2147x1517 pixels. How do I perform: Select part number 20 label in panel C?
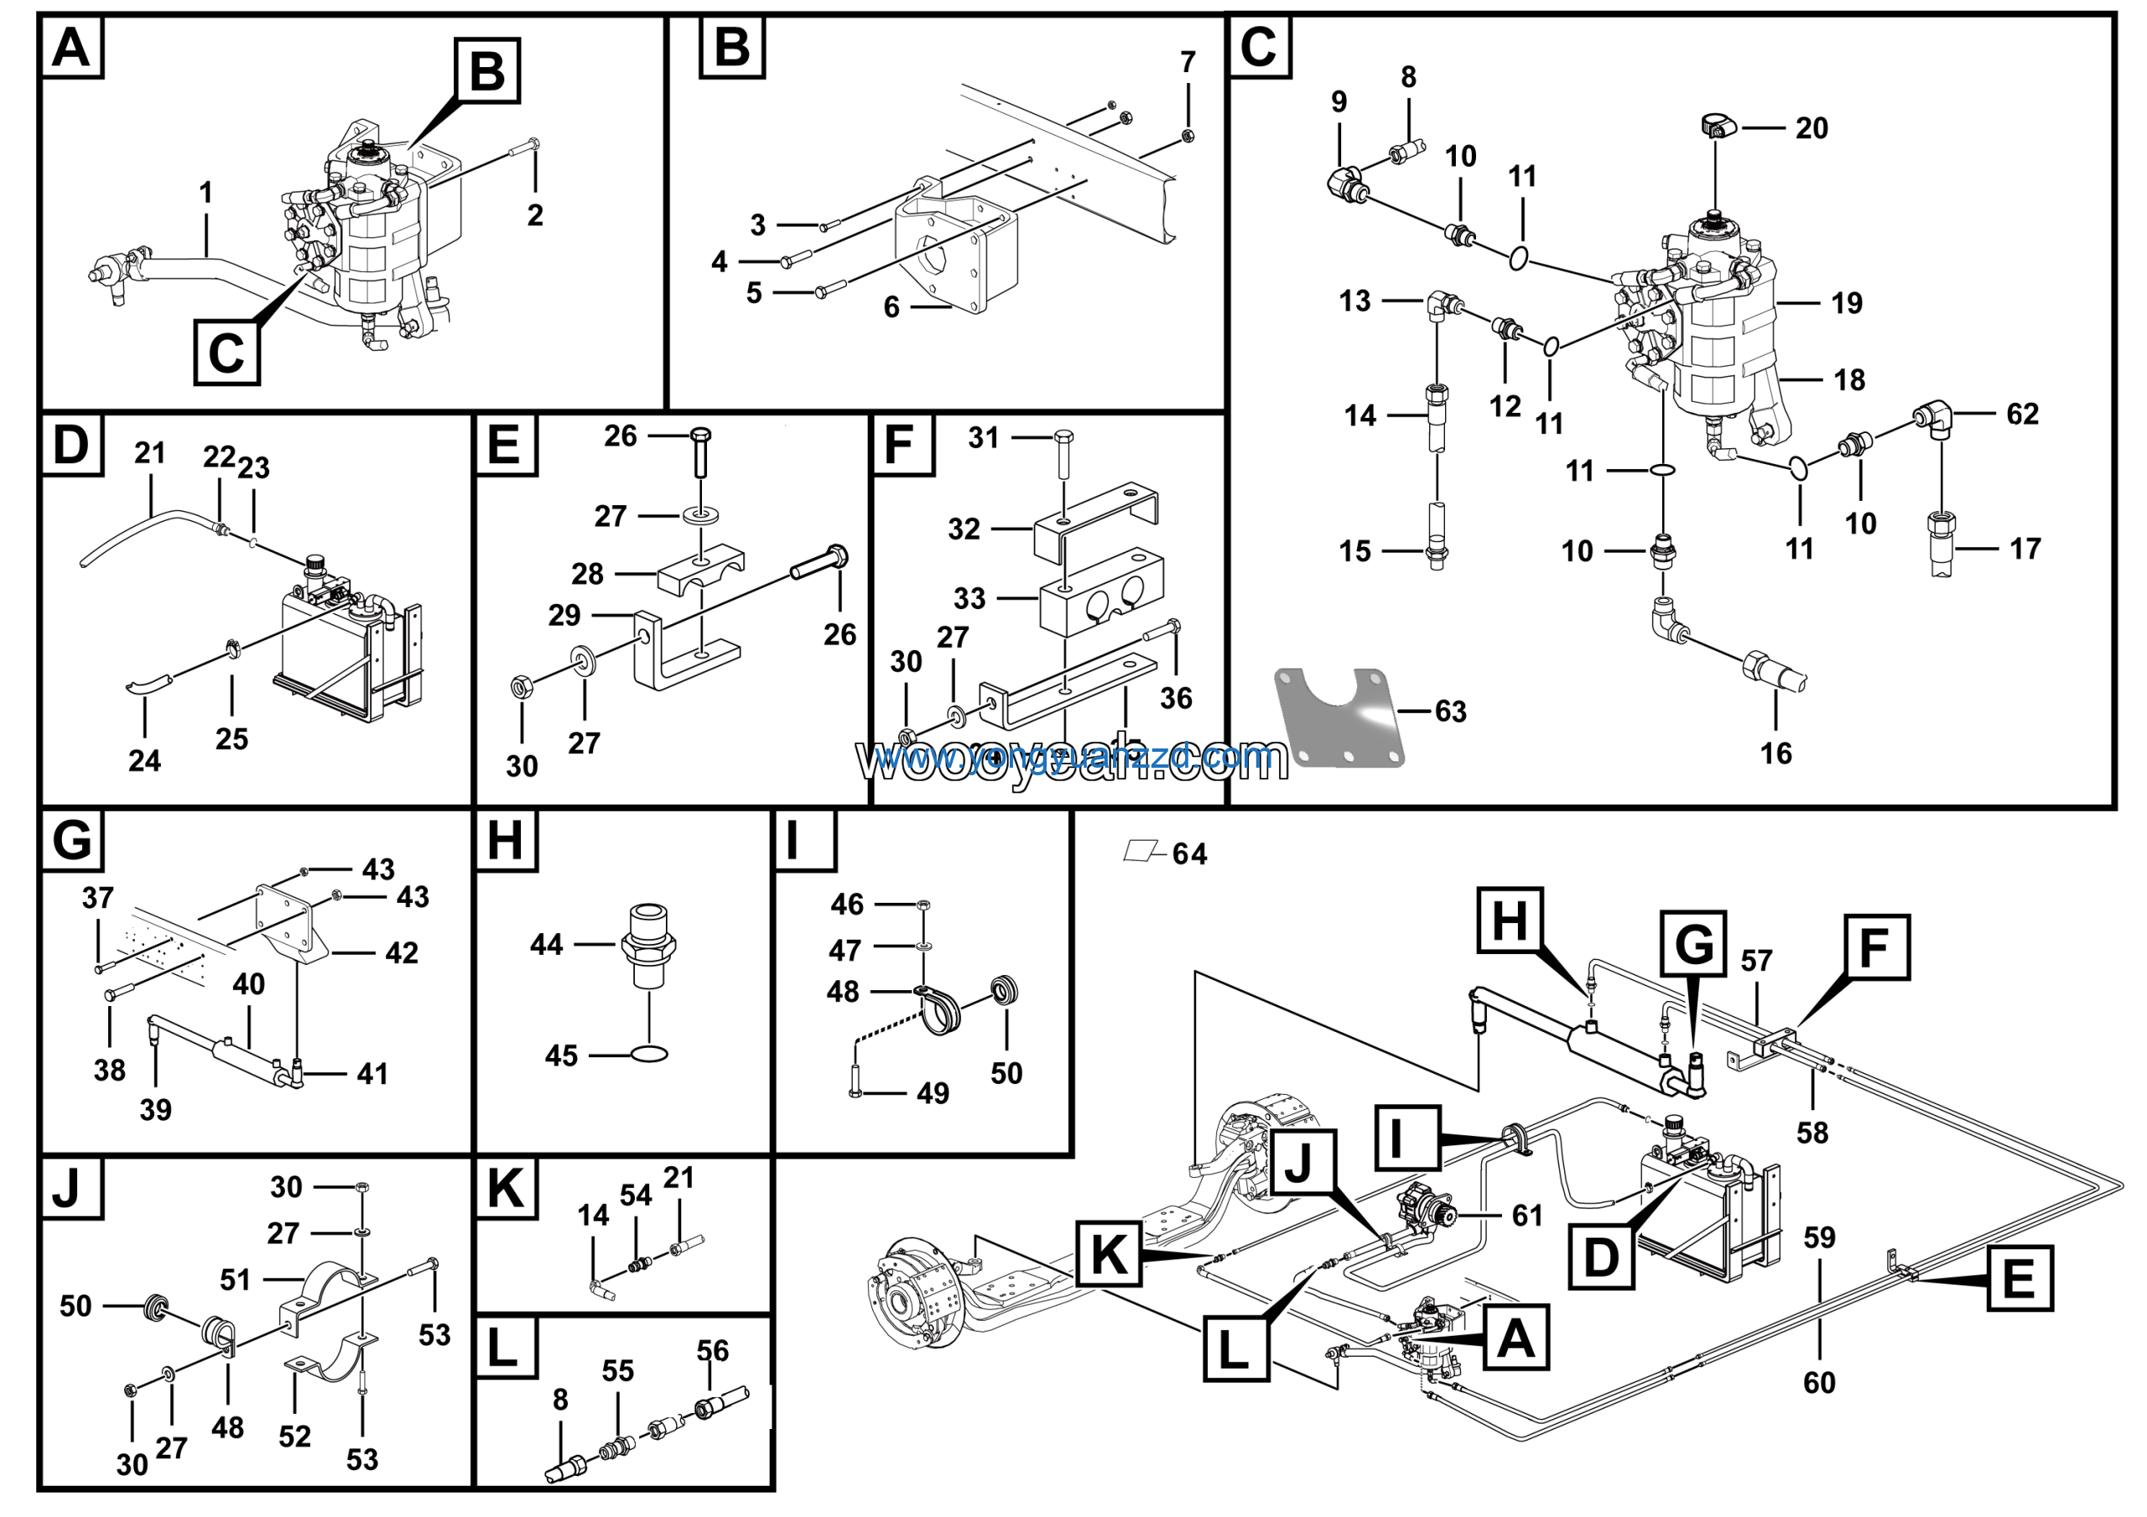pos(1811,128)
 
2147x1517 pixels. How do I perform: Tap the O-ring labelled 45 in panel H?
pos(649,1055)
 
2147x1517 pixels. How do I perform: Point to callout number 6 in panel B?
pos(892,307)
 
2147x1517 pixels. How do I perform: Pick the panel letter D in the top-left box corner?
pos(72,446)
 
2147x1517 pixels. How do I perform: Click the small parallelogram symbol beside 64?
pos(1140,851)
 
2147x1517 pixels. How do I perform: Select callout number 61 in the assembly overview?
pos(1527,1215)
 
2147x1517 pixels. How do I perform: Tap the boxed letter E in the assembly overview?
pos(2019,1279)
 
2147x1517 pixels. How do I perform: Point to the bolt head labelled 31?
pos(1063,437)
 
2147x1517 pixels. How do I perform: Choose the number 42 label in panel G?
pos(401,953)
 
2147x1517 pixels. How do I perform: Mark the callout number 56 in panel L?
pos(713,1351)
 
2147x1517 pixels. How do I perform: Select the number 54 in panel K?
pos(636,1196)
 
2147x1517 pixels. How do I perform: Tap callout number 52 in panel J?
pos(294,1436)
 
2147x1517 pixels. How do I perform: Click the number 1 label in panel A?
pos(205,193)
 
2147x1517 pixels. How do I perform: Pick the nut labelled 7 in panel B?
pos(1188,137)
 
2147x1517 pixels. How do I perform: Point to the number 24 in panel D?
pos(144,760)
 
